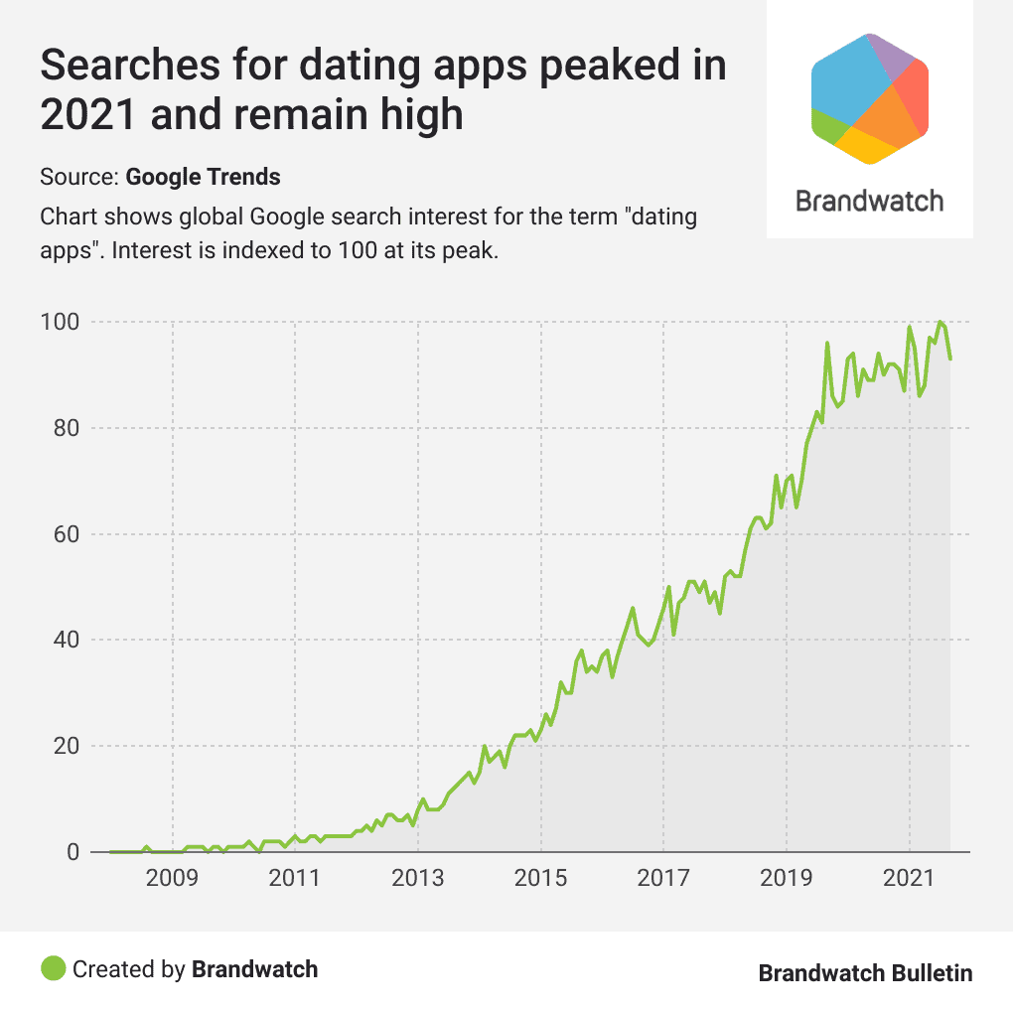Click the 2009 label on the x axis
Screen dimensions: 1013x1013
tap(173, 880)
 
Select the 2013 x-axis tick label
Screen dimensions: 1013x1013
tap(418, 880)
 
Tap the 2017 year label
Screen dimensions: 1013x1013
tap(663, 880)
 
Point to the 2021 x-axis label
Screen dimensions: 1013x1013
tap(909, 880)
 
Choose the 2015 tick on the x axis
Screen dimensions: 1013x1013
tap(541, 880)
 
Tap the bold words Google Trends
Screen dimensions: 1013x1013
tap(204, 178)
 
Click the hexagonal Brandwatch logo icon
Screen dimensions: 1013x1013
tap(870, 97)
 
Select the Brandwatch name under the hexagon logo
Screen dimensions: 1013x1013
tap(870, 202)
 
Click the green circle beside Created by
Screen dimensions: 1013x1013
tap(54, 968)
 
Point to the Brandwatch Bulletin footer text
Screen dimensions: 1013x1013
tap(865, 972)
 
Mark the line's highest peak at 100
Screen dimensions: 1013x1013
tap(940, 322)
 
